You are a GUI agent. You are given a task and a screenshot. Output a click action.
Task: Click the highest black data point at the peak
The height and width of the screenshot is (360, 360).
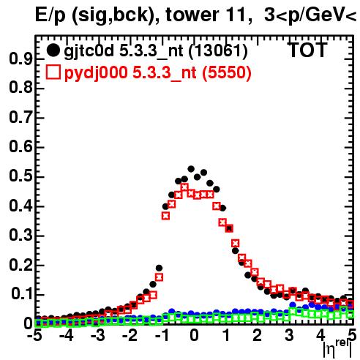point(191,169)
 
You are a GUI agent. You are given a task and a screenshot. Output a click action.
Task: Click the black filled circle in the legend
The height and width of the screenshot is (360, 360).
point(53,50)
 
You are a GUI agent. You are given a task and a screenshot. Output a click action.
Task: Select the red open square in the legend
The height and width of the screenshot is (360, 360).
point(53,72)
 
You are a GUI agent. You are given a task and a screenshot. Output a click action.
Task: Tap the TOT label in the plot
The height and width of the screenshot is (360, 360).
point(308,50)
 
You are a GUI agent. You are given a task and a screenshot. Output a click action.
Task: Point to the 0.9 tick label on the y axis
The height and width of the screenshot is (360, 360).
point(20,59)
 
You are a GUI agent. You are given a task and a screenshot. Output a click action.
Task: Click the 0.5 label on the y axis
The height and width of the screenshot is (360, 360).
point(20,177)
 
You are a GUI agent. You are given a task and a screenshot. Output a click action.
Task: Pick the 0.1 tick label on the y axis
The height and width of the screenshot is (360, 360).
point(22,294)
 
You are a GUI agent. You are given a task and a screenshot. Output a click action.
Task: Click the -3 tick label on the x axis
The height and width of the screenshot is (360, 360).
point(97,335)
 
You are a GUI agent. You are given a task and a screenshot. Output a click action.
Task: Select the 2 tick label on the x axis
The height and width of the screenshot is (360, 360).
point(258,335)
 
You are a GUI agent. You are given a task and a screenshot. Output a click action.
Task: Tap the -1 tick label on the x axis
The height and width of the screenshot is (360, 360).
point(162,335)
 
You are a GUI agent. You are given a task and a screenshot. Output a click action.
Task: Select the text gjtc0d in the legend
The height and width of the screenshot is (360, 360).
point(89,52)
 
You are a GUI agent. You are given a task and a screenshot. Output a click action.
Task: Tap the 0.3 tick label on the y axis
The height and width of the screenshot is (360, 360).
point(20,236)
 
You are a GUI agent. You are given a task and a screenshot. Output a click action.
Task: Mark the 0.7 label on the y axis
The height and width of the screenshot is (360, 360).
point(20,118)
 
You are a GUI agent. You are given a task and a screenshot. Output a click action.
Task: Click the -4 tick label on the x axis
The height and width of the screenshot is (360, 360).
point(67,335)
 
